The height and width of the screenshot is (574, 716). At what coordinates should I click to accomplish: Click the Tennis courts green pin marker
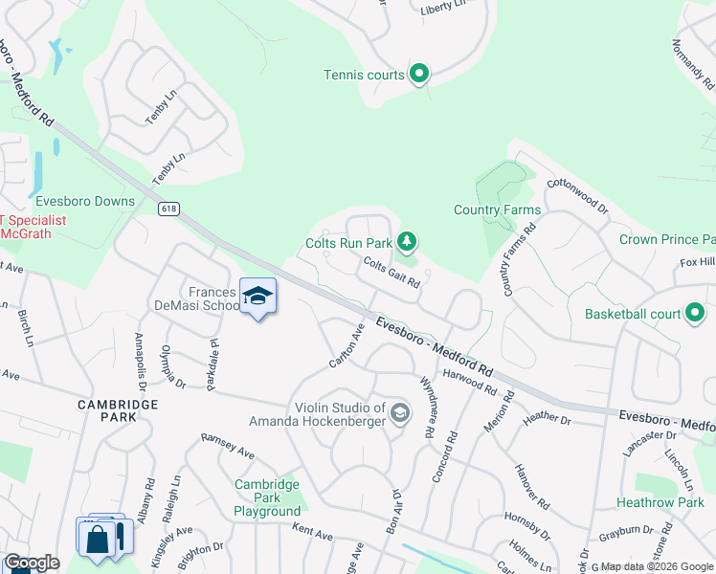tap(418, 73)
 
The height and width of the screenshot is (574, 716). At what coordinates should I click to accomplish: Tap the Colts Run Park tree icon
tap(408, 241)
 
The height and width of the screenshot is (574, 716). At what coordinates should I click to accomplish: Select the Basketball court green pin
tap(695, 313)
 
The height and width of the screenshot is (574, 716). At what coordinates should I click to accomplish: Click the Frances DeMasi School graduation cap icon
tap(257, 297)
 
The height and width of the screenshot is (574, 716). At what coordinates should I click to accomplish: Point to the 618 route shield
tap(169, 208)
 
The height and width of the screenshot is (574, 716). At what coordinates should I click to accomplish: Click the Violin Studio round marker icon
tap(400, 413)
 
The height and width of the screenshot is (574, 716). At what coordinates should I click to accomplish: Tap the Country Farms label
tap(497, 210)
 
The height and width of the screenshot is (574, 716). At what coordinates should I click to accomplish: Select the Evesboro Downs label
tap(85, 201)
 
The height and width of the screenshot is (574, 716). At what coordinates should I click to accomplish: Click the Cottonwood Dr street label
tap(577, 194)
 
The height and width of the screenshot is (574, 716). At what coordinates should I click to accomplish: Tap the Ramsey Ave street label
tap(227, 445)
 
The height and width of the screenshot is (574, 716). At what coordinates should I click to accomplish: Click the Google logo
tap(32, 563)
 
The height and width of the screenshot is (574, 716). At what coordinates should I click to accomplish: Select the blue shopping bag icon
tap(99, 538)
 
